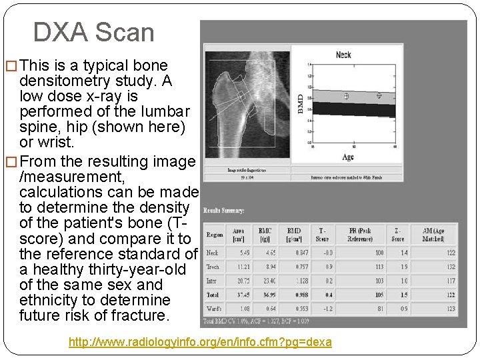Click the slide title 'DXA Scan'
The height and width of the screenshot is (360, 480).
coord(93,32)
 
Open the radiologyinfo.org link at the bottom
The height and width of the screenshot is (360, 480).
coord(200,342)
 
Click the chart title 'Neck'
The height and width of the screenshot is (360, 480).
coord(343,55)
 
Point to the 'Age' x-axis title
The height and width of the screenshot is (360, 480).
coord(348,157)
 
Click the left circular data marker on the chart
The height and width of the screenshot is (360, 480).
coord(346,97)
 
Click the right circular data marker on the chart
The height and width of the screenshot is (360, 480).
coord(379,95)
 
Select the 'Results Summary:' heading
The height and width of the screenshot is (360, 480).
coord(224,211)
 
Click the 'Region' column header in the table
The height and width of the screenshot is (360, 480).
coord(215,235)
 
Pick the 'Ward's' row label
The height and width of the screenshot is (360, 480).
coord(214,309)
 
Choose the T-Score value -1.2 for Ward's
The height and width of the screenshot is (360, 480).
coord(320,309)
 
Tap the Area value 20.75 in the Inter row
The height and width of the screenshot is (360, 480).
coord(243,281)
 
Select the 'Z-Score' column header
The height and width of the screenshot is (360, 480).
coord(398,235)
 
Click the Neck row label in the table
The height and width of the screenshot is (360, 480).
coord(213,253)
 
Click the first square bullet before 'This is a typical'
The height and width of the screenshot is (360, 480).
coord(11,66)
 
